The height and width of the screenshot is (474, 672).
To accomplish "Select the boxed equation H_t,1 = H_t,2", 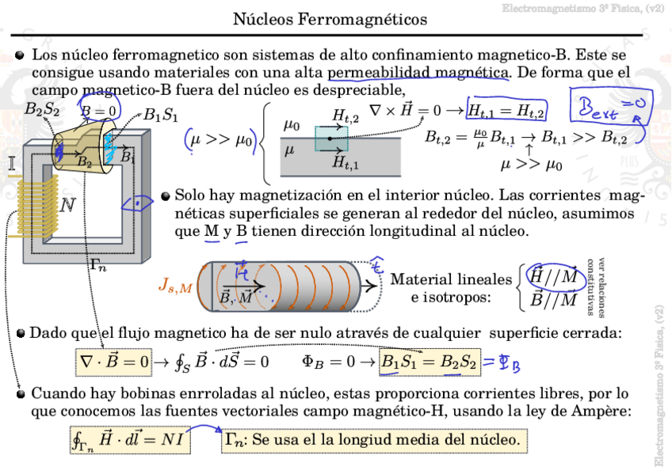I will click(507, 110).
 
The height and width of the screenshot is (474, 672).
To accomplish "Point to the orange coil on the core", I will click(36, 207).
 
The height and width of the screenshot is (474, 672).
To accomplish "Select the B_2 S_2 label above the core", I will click(42, 110).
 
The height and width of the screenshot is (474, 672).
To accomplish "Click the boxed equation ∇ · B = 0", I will click(113, 362).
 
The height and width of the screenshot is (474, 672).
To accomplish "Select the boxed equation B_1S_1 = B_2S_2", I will click(429, 362).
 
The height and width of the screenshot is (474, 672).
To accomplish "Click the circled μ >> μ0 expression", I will click(220, 140).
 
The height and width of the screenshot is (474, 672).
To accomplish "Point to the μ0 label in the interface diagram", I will click(292, 126).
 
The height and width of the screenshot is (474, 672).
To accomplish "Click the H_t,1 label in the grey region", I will click(345, 164).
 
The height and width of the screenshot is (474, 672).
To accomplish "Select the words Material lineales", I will click(451, 279).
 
